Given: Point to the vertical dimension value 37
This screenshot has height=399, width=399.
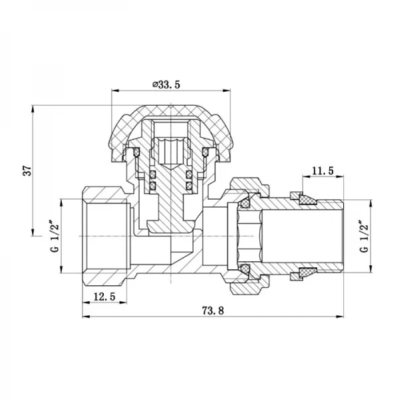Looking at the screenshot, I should click(27, 170).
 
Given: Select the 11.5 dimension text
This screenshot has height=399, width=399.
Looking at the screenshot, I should click(323, 171).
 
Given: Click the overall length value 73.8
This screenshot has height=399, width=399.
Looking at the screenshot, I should click(213, 311).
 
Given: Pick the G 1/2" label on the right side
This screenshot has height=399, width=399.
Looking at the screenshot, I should click(363, 237).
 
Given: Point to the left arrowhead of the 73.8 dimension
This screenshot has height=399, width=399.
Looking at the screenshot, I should click(85, 317).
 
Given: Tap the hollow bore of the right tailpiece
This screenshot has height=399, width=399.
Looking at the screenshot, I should click(299, 235).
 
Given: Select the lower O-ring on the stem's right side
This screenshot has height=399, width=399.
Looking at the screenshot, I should click(189, 184).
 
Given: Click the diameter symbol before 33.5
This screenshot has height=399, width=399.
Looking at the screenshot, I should click(154, 84).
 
